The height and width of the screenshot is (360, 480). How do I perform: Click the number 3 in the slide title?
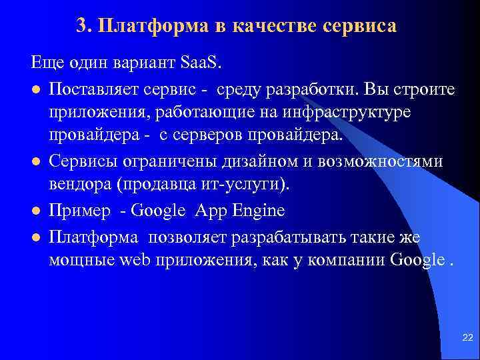81,26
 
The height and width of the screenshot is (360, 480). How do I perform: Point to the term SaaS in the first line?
203,65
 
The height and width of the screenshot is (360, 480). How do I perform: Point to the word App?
211,211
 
